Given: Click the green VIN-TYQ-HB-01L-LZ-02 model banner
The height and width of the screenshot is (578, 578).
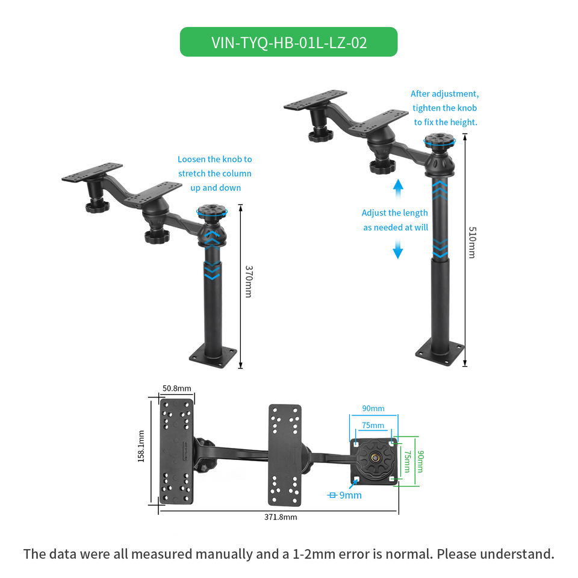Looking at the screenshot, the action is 288,42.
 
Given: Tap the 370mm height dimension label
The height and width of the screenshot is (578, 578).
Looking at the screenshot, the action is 248,282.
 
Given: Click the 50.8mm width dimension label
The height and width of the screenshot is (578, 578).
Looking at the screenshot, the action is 176,388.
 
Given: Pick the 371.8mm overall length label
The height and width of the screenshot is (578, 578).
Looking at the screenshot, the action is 281,517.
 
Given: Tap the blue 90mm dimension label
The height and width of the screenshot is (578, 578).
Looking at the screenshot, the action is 373,408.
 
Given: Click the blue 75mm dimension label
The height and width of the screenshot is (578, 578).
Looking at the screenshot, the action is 373,426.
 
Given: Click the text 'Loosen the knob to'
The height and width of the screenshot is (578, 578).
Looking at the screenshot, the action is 214,160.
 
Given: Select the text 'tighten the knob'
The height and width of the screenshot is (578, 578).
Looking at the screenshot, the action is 444,108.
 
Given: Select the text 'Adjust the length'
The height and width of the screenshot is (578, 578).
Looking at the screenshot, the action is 394,213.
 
